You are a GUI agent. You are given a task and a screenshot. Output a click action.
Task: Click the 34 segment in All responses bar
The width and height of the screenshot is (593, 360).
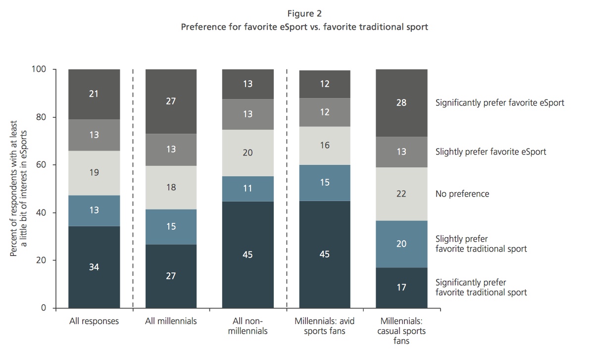pyautogui.click(x=94, y=267)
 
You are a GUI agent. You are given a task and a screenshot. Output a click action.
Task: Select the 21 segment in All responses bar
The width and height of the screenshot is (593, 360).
pyautogui.click(x=94, y=94)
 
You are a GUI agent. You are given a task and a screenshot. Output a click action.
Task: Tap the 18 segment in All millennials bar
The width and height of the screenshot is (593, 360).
pyautogui.click(x=171, y=187)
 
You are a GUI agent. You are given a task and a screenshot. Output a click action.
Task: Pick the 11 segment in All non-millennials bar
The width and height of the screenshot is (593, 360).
pyautogui.click(x=247, y=188)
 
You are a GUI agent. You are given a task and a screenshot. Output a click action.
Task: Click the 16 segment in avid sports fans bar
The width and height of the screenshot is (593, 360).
pyautogui.click(x=325, y=146)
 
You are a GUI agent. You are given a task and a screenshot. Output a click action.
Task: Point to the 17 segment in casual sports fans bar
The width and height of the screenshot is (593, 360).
pyautogui.click(x=401, y=287)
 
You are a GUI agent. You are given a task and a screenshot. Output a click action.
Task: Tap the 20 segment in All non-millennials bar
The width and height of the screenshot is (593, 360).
pyautogui.click(x=247, y=153)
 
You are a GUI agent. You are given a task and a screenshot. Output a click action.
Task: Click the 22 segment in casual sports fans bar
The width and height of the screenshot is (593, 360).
pyautogui.click(x=401, y=194)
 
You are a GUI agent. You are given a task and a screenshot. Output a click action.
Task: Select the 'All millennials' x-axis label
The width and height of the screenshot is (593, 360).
pyautogui.click(x=171, y=321)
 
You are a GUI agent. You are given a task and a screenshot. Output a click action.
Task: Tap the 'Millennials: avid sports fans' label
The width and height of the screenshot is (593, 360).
pyautogui.click(x=325, y=326)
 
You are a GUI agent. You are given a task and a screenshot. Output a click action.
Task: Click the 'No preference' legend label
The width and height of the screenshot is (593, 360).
pyautogui.click(x=462, y=194)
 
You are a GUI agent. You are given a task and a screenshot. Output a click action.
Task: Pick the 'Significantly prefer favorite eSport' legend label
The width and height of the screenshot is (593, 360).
pyautogui.click(x=499, y=103)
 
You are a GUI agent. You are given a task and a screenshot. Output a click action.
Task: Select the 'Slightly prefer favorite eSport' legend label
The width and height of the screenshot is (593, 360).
pyautogui.click(x=491, y=152)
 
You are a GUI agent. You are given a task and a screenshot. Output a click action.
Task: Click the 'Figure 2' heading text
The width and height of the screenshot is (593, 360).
pyautogui.click(x=304, y=13)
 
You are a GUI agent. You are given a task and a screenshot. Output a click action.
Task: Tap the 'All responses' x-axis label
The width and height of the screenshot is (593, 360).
pyautogui.click(x=94, y=321)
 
